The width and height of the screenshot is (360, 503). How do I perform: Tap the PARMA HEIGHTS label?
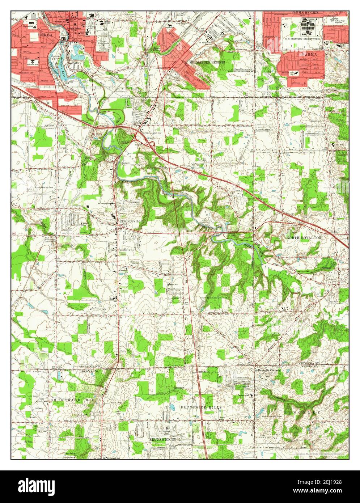tap(306, 13)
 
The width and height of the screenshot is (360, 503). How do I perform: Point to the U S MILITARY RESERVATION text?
tap(303, 38)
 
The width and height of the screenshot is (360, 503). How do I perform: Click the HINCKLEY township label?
tap(297, 413)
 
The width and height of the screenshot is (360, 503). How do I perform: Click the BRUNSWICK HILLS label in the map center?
tap(201, 407)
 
